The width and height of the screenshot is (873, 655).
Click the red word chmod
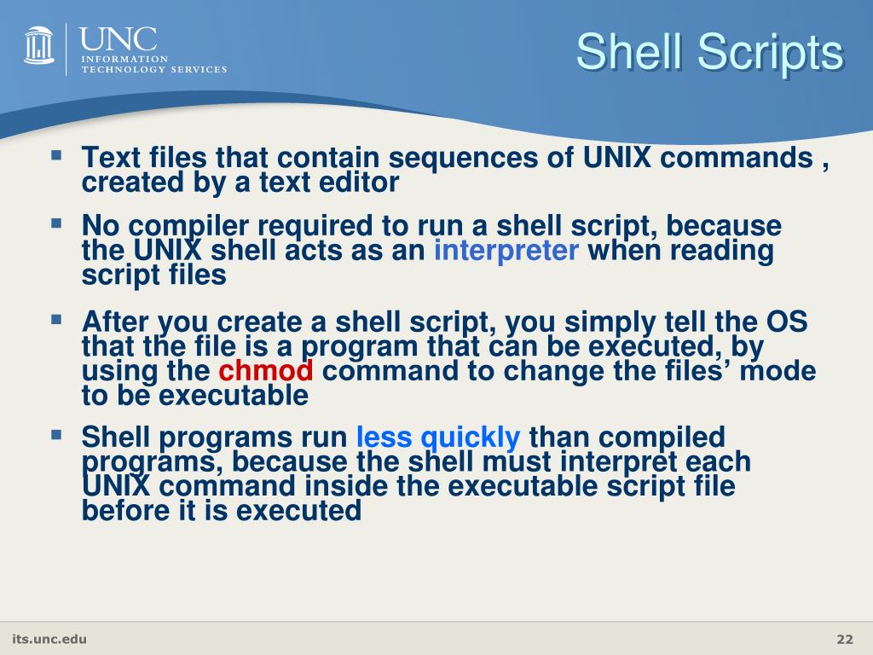tap(266, 372)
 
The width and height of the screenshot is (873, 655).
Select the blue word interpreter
tap(506, 251)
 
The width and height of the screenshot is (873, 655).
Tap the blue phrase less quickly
tap(437, 438)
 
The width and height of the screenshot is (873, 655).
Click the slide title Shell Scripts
tap(709, 53)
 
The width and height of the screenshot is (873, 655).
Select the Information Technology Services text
tap(153, 64)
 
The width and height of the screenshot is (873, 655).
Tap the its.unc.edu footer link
tap(49, 640)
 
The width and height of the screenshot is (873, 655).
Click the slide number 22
tap(844, 641)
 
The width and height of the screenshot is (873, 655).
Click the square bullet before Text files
tap(56, 156)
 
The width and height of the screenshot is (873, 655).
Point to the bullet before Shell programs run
tap(56, 436)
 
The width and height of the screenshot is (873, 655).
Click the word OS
tap(785, 322)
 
